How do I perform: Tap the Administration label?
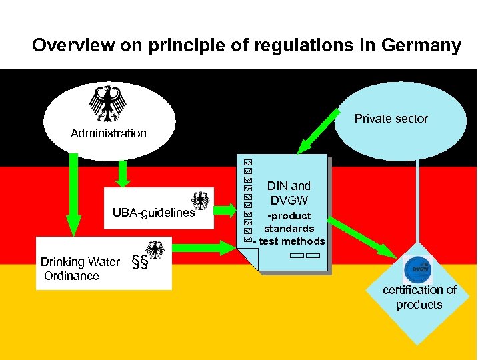point(109,133)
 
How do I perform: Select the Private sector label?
point(391,119)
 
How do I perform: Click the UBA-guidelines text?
point(153,213)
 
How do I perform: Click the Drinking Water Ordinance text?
point(79,269)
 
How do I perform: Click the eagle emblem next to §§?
point(156,251)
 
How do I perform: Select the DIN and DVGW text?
point(289,193)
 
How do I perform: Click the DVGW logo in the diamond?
point(419,269)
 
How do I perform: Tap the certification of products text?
point(419,297)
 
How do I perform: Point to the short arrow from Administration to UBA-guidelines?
point(122,173)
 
